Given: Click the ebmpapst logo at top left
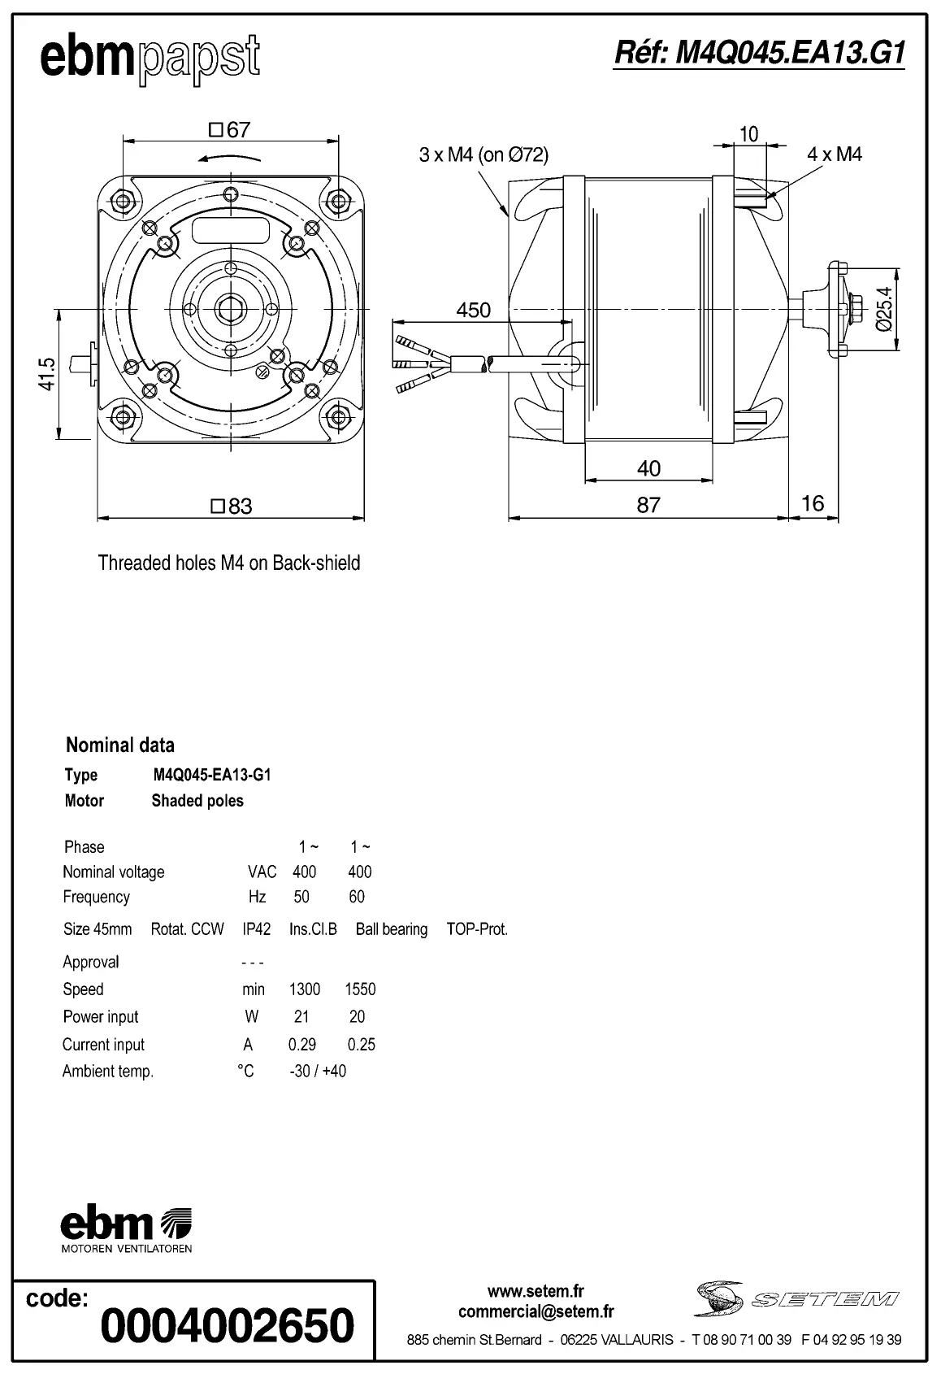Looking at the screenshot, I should [150, 59].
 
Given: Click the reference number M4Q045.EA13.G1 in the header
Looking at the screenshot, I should [759, 53].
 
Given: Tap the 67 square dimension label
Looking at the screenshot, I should [230, 130].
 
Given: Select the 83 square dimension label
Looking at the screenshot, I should [232, 507].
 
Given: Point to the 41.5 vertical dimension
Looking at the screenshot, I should [46, 374].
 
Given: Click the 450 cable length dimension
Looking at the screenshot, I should [473, 310].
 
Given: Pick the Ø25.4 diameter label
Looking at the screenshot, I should [884, 309].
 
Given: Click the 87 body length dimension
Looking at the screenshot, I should [648, 505].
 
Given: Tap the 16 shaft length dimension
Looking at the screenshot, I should [813, 503].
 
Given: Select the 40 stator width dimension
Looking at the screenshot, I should [648, 468].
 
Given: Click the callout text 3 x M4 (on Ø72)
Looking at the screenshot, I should [484, 154].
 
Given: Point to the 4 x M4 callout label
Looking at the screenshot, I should [835, 154].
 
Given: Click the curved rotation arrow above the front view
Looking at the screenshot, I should [231, 158].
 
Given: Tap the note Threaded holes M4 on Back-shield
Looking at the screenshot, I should [229, 563].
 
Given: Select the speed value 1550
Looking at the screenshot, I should [360, 989].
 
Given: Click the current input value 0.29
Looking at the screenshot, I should [302, 1045].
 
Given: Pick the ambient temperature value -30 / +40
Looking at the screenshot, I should [318, 1072].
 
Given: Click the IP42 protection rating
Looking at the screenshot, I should [257, 929].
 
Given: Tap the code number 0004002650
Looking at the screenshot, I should [228, 1325].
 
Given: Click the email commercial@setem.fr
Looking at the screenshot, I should [536, 1311].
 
